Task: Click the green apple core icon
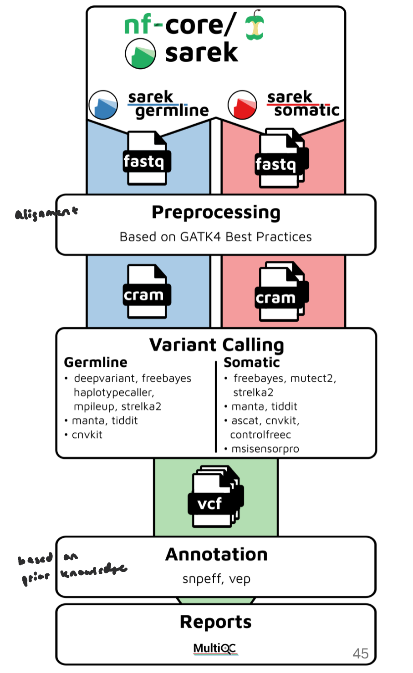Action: [255, 25]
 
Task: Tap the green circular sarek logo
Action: [140, 54]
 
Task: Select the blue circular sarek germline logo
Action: [103, 105]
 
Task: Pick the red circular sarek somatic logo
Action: [242, 105]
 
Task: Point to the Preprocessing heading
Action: [216, 213]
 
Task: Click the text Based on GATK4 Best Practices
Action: [216, 237]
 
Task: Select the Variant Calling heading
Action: [216, 345]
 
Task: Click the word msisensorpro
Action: [265, 449]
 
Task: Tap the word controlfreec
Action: [260, 435]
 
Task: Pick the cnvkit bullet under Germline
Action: [87, 435]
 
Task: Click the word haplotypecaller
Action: [114, 393]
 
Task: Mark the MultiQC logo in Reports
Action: [215, 648]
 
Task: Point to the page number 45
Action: [360, 654]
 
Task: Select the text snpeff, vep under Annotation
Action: [216, 579]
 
